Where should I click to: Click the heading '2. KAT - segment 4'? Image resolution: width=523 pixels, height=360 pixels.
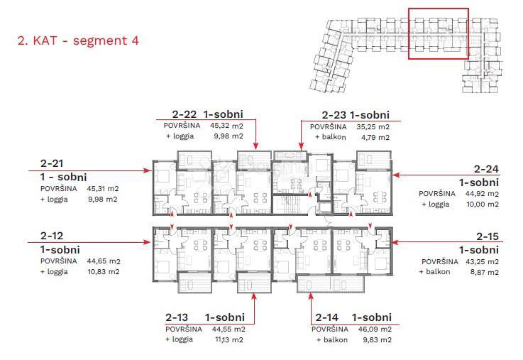[78, 40]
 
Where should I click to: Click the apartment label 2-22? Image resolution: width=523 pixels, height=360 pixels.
[185, 114]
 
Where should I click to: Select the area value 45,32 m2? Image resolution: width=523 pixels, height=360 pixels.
[227, 126]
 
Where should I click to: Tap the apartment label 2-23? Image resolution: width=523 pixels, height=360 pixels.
[334, 115]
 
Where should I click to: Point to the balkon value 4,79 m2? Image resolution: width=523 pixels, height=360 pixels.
[375, 137]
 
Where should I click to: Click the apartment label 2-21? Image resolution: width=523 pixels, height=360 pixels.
[52, 163]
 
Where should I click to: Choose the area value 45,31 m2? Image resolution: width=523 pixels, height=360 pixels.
[103, 188]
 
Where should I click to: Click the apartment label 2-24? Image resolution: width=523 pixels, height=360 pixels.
[486, 169]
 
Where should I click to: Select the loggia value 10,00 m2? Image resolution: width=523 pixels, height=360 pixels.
[483, 204]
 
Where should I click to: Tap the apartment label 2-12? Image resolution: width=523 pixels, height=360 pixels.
[52, 236]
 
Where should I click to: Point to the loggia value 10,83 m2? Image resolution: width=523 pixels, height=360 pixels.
[104, 271]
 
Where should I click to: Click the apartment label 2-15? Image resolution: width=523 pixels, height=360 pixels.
[488, 236]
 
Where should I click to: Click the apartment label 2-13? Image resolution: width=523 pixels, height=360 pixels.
[177, 317]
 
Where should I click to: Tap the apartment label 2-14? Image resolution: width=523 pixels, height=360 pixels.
[327, 317]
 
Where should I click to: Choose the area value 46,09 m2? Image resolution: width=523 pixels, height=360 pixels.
[375, 329]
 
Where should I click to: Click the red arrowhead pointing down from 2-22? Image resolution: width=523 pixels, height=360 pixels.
[255, 146]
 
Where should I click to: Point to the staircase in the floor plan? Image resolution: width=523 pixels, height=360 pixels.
[289, 204]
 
